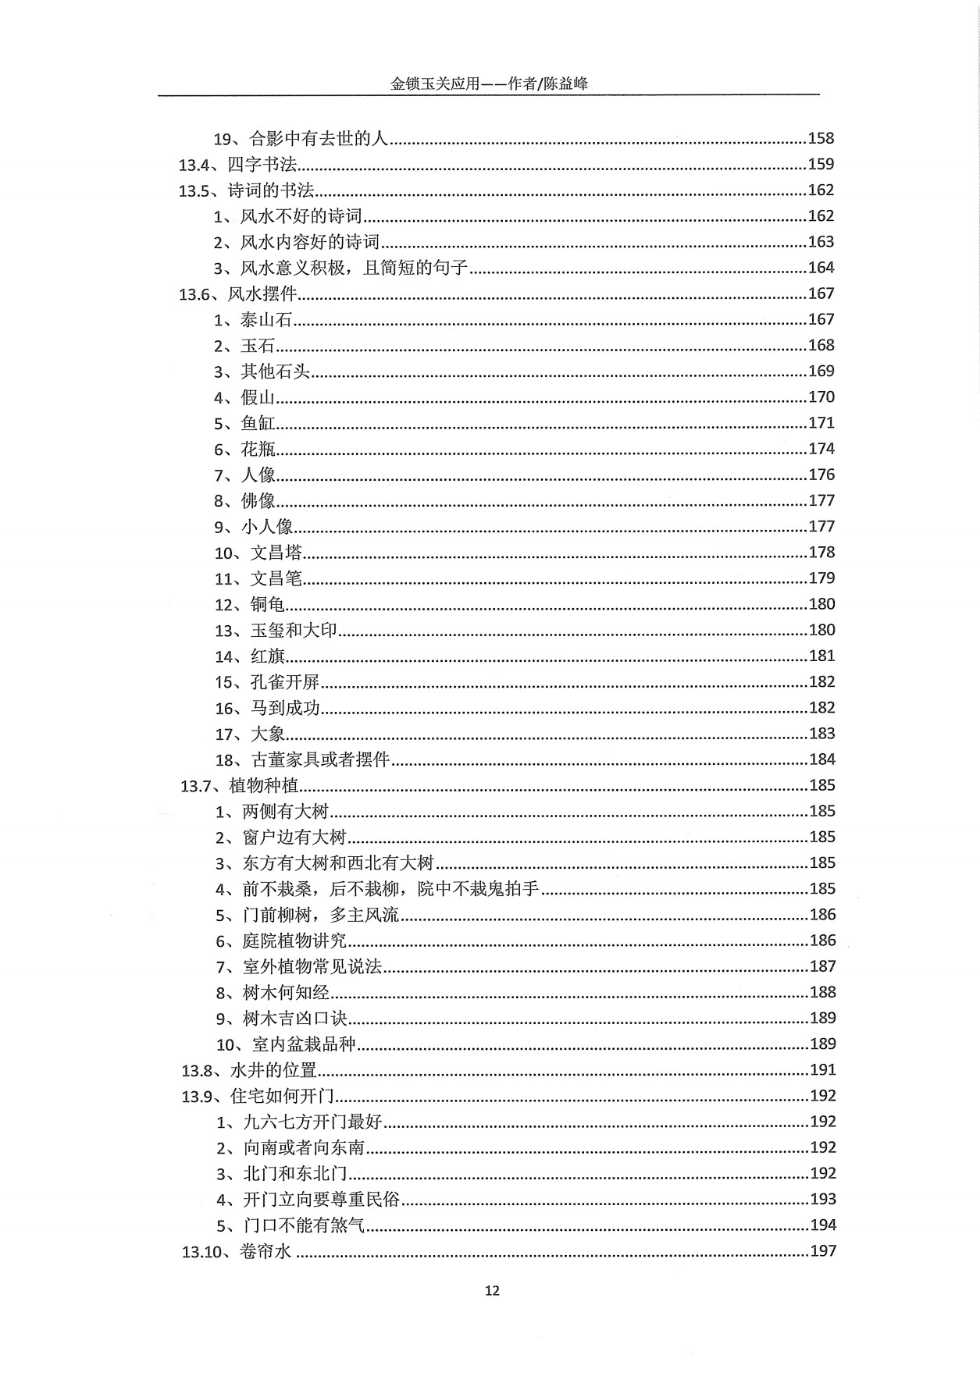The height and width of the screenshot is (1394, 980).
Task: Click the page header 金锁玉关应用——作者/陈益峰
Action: coord(489,84)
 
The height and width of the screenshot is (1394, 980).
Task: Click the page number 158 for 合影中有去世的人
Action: coord(821,138)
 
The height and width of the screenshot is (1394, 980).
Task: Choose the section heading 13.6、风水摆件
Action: coord(237,293)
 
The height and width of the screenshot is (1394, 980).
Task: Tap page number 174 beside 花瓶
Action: coord(821,449)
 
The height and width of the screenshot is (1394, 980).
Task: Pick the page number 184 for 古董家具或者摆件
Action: coord(821,759)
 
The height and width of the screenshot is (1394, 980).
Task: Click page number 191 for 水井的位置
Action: coord(822,1069)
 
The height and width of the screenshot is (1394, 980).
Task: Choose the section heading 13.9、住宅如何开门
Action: coord(258,1096)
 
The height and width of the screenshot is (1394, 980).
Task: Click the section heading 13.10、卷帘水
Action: coord(237,1251)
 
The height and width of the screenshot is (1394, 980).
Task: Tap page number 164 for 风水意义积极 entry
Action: coord(821,268)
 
